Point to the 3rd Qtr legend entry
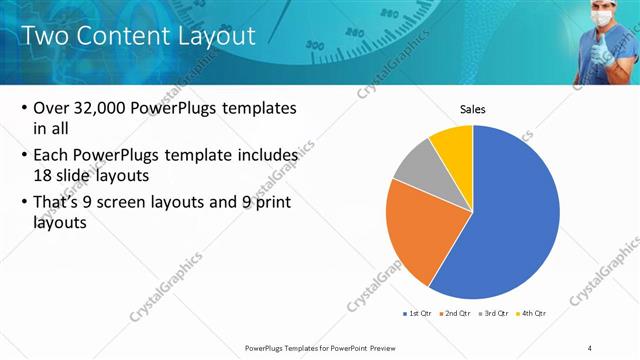point(494,313)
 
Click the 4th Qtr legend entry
point(531,313)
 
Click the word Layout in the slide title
point(211,36)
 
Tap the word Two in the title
point(45,36)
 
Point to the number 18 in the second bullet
point(44,174)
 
